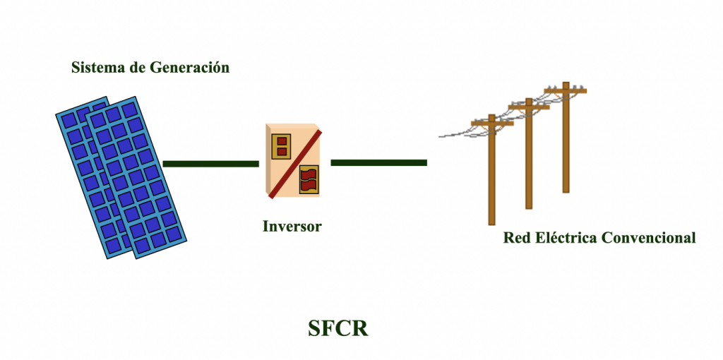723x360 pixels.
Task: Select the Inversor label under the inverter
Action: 292,227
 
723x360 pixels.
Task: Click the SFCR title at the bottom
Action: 338,329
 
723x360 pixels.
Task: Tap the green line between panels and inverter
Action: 210,164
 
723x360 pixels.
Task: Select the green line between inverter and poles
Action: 378,162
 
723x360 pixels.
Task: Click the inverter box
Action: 292,160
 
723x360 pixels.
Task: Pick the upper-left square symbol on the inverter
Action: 281,146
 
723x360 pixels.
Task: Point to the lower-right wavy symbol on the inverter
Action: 309,179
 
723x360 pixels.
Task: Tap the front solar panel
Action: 136,177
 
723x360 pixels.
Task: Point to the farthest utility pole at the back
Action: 566,138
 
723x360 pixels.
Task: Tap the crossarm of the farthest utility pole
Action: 566,91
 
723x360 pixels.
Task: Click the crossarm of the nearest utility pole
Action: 492,123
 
